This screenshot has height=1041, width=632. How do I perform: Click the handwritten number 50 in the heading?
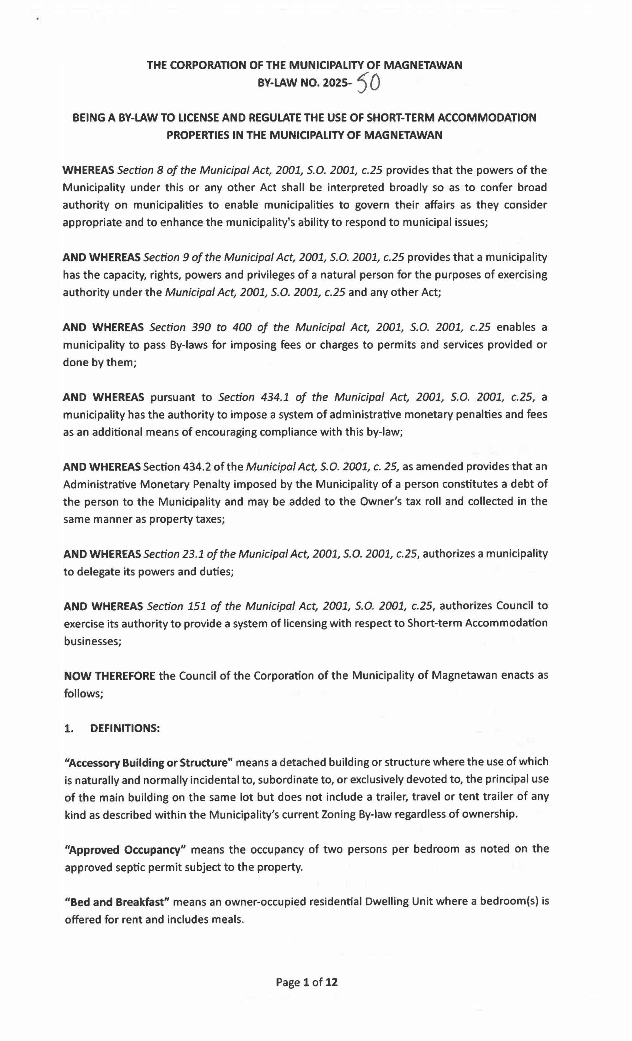coord(368,82)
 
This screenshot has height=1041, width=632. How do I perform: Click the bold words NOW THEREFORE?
coord(109,676)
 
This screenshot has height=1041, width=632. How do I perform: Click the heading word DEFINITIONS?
coord(125,728)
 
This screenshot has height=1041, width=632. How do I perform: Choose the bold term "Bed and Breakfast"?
coord(117,902)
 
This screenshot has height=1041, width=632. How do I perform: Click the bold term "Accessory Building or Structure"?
coord(149,763)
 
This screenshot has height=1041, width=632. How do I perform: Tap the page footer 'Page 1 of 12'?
coord(307,982)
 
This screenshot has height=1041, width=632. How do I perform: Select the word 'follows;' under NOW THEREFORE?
coord(84,694)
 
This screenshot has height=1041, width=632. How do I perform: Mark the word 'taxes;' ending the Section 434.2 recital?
coord(210,519)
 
